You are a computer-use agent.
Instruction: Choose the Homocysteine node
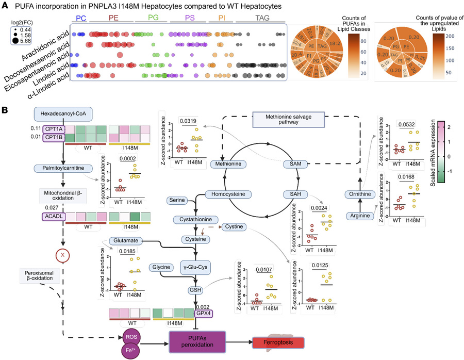point(228,194)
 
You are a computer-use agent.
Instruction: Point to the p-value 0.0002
point(127,158)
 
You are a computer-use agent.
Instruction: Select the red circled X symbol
point(63,253)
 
